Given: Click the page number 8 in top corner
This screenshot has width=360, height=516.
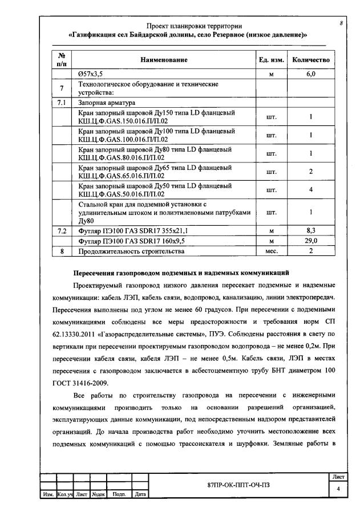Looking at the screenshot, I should (341, 23).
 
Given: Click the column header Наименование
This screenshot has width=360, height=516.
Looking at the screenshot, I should (164, 60).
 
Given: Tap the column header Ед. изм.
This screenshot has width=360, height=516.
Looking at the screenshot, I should (272, 60).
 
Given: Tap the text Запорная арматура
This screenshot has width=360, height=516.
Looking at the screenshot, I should (107, 103).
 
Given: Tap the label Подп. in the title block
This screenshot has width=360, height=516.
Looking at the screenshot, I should (119, 494).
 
